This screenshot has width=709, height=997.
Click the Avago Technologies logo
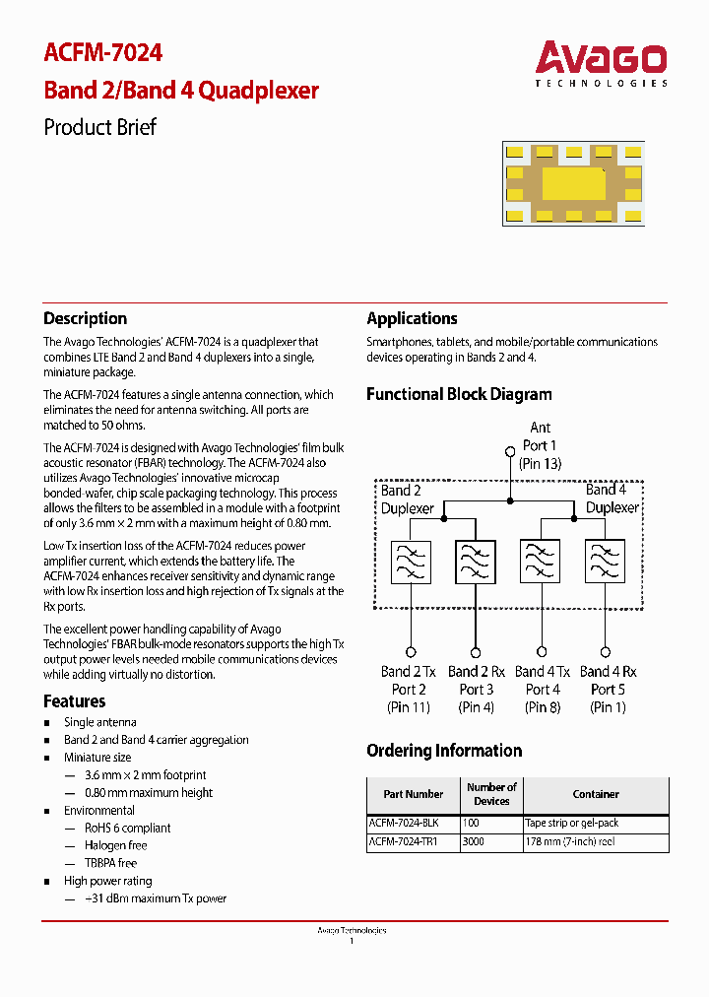(601, 63)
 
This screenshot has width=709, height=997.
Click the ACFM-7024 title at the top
(103, 52)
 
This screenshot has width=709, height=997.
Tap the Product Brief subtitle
(99, 127)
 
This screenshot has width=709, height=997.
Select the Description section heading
(86, 318)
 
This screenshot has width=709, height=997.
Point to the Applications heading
(412, 318)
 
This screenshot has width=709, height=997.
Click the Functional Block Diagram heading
(459, 394)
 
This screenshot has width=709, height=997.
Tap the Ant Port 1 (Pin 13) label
(540, 445)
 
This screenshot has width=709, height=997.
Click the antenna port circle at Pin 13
(510, 452)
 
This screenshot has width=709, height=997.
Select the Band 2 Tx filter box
(411, 563)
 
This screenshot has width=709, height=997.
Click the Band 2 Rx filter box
(475, 563)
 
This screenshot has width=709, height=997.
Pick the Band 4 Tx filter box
(540, 563)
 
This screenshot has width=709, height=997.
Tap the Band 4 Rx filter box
(605, 563)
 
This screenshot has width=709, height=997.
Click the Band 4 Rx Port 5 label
(608, 689)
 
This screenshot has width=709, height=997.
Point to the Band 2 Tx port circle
(411, 652)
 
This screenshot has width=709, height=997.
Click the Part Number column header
(413, 794)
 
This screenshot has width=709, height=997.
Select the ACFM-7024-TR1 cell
(403, 842)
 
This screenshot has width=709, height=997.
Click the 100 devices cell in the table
(473, 823)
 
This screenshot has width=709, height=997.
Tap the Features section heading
(75, 701)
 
